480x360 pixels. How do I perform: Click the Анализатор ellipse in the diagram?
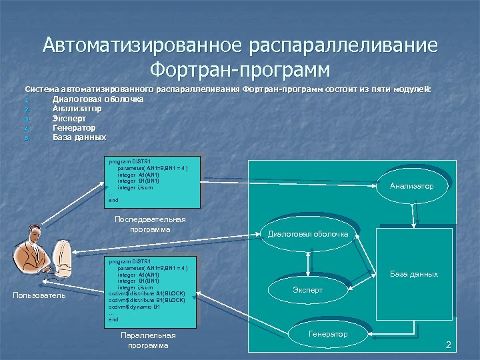point(411,186)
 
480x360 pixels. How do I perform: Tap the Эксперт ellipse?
point(307,290)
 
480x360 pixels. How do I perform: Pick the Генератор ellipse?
point(328,333)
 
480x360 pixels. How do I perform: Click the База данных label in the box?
point(414,274)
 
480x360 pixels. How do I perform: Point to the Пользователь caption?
point(39,295)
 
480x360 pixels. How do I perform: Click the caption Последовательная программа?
point(150,224)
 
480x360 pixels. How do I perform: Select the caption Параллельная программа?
point(149,340)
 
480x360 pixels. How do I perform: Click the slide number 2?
point(448,345)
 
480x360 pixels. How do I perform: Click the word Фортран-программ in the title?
point(240,68)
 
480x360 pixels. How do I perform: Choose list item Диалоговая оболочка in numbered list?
point(98,99)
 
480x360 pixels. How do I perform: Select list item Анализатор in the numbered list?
point(77,109)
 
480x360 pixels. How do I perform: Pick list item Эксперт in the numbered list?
point(69,118)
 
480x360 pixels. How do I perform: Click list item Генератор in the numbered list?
point(74,127)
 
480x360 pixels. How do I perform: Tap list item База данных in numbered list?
point(79,137)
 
